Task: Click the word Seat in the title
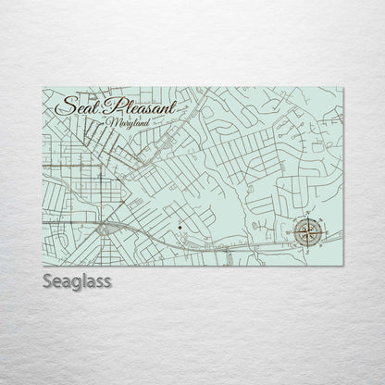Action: (77, 106)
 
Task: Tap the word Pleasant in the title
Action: (140, 105)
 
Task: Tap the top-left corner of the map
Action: (43, 88)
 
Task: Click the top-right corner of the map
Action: (343, 88)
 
